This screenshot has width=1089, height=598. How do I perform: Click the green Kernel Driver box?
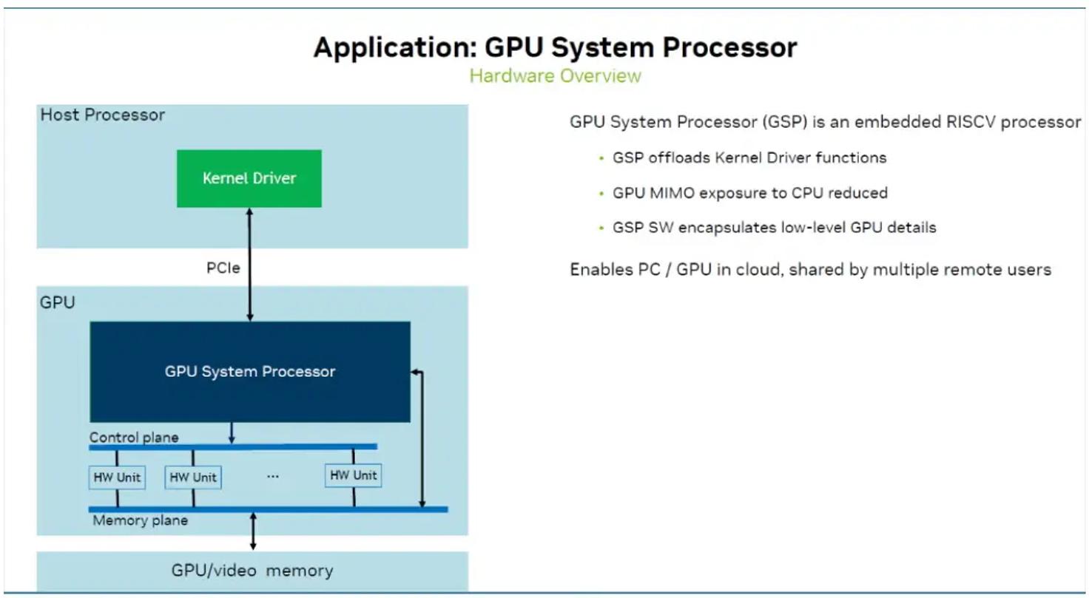(x=249, y=178)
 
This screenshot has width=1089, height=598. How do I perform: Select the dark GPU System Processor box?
(x=249, y=371)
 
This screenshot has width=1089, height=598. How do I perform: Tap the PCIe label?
(x=223, y=268)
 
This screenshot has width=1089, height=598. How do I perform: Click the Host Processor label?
(x=102, y=115)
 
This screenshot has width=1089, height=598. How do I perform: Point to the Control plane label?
(x=134, y=437)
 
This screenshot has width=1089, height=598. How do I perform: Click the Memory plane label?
(x=140, y=520)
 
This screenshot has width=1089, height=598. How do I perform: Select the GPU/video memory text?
(x=252, y=571)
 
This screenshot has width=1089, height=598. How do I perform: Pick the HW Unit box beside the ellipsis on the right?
(x=354, y=475)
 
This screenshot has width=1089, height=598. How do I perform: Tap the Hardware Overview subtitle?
(x=555, y=75)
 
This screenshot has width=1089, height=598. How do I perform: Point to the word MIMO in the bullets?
(x=672, y=193)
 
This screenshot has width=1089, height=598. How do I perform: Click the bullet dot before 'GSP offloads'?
(x=601, y=158)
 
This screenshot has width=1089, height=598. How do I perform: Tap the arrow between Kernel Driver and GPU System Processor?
(x=250, y=264)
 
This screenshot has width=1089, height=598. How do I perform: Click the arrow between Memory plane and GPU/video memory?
(x=253, y=531)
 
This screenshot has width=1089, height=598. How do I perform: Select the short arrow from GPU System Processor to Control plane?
(x=232, y=433)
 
